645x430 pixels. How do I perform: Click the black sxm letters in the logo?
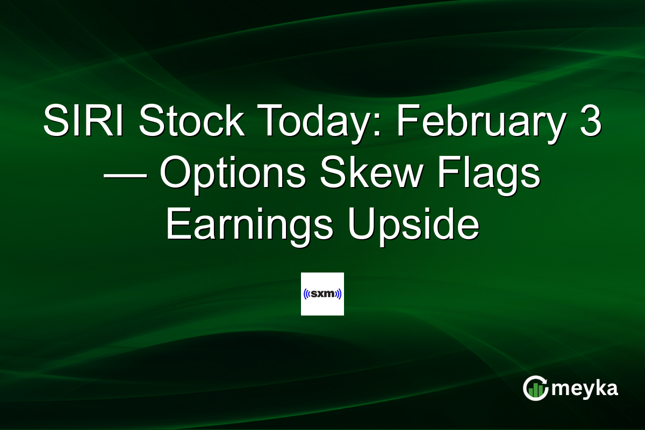[x=322, y=295]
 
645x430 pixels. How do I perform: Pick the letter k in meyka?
[x=597, y=388]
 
